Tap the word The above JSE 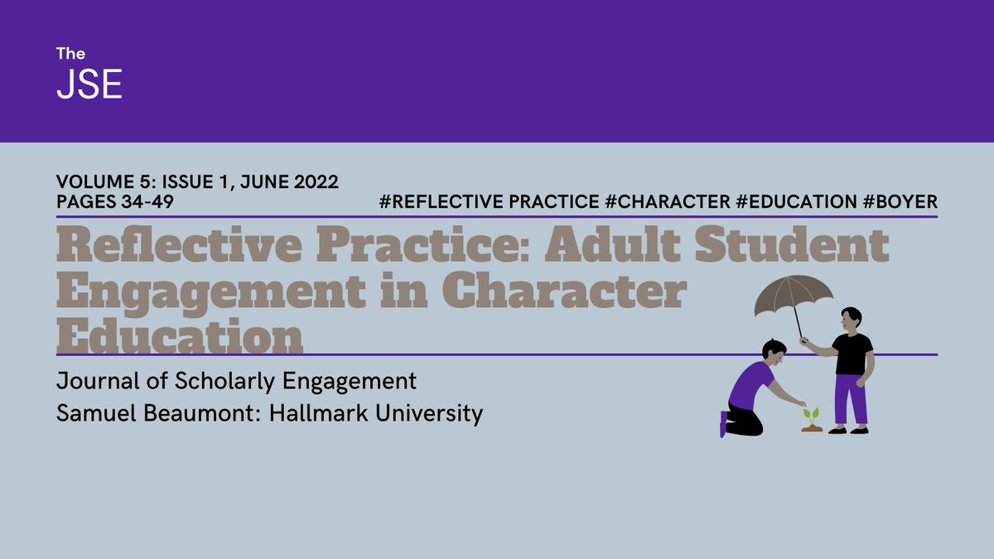70,54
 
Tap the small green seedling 811,414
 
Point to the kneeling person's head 774,352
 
